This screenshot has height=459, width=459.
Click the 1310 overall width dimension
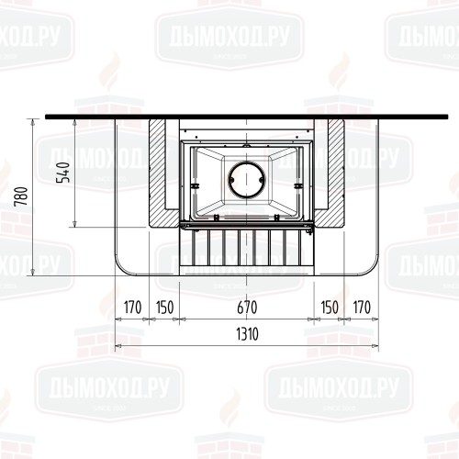[x=247, y=334]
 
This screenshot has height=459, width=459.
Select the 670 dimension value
[x=247, y=308]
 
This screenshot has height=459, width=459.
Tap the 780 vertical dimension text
[x=22, y=196]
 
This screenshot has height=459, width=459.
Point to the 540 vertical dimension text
[x=63, y=173]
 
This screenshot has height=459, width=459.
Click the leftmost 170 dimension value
[x=132, y=308]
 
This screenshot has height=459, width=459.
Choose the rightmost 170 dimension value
[x=362, y=308]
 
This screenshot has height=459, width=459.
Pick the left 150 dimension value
[x=164, y=308]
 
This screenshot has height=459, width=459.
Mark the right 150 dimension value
[x=330, y=308]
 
